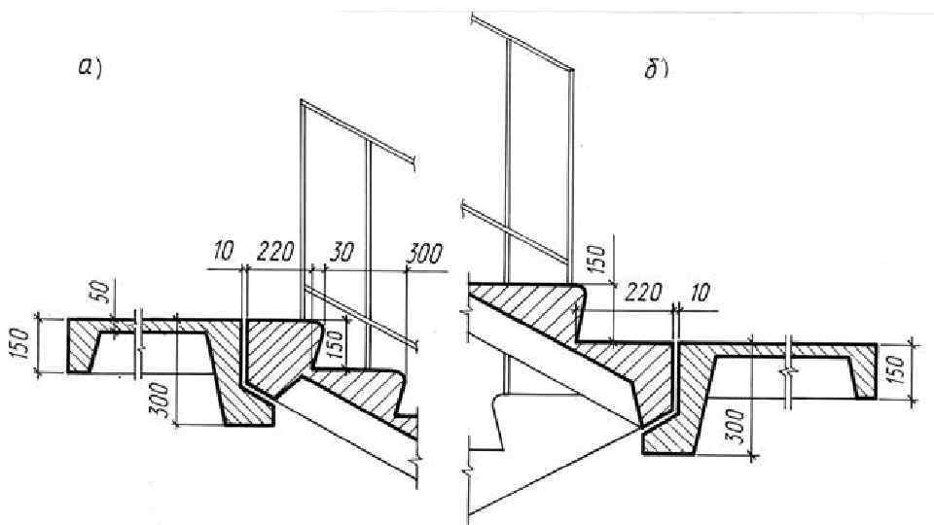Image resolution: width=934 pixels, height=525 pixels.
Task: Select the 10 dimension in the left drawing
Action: pos(223,253)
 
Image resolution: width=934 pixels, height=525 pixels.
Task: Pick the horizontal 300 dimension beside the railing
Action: pos(423,254)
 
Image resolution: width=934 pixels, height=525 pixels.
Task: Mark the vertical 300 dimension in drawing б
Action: pos(736,424)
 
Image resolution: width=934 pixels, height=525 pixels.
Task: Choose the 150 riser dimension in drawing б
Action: pos(599,258)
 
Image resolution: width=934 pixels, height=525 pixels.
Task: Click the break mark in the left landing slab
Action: pos(141,344)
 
